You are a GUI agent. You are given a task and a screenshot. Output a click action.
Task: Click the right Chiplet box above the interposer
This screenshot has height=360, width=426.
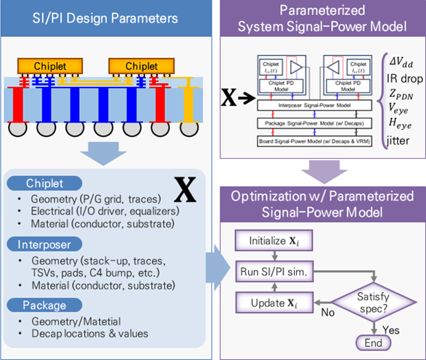click(140, 66)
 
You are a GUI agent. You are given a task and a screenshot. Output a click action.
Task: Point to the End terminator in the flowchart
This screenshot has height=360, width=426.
click(373, 342)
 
